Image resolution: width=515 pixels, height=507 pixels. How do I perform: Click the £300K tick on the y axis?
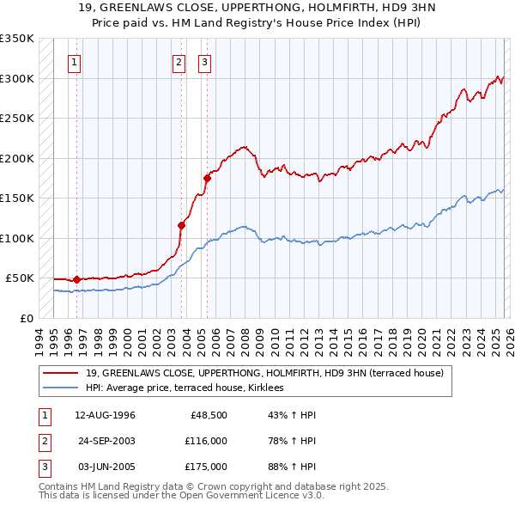point(17,78)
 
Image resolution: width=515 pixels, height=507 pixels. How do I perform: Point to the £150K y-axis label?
point(17,198)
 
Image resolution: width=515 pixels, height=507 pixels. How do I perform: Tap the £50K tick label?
point(20,278)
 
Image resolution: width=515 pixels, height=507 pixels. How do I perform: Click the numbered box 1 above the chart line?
point(75,62)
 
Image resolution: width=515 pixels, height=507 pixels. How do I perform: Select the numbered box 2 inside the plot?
point(179,62)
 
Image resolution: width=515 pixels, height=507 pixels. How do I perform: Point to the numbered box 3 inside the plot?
point(205,62)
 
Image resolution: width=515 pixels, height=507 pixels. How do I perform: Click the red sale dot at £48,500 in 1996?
point(77,279)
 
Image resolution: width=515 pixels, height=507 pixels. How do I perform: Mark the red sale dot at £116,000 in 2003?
point(182,225)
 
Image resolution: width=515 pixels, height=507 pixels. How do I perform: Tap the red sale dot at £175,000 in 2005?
point(207,179)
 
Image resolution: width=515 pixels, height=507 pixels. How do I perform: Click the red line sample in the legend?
point(62,373)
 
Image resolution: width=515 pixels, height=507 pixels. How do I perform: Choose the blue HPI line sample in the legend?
point(62,388)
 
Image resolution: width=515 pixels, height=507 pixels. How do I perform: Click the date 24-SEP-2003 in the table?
point(106,441)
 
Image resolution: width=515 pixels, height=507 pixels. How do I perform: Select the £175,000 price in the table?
point(205,467)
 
